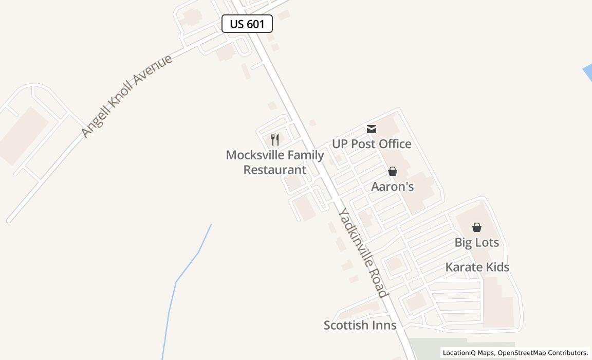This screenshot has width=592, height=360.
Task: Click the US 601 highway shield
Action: point(247,24)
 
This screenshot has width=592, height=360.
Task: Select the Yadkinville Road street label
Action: point(362,253)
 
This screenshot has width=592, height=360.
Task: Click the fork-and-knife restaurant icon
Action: point(275,139)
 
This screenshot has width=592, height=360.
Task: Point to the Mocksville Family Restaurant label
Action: point(275,162)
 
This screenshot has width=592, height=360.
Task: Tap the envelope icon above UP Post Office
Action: point(372,129)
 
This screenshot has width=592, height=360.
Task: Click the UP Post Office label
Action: point(372,144)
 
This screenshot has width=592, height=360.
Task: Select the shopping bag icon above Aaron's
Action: point(393,171)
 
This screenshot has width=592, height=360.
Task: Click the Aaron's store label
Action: point(393,187)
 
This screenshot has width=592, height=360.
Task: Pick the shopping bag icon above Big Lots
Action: point(477,227)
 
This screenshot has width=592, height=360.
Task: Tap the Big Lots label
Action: point(477,242)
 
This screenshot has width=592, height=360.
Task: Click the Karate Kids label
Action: point(477,267)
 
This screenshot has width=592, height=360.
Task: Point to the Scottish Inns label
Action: point(360,325)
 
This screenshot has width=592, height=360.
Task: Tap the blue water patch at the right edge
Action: point(588,73)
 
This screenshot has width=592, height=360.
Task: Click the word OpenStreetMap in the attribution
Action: point(522,353)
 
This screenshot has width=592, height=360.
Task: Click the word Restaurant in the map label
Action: point(275,170)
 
